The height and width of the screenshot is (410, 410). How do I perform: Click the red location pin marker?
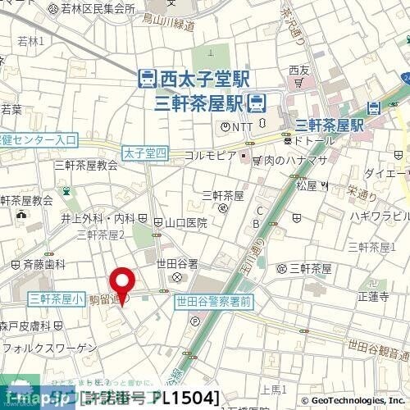[x=123, y=285]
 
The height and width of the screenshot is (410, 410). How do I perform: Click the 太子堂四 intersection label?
[x=144, y=153]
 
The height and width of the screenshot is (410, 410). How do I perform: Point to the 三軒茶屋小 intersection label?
[x=55, y=299]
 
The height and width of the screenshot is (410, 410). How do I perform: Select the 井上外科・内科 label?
[x=98, y=219]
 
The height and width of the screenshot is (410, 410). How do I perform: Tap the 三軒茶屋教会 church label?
[x=85, y=164]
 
